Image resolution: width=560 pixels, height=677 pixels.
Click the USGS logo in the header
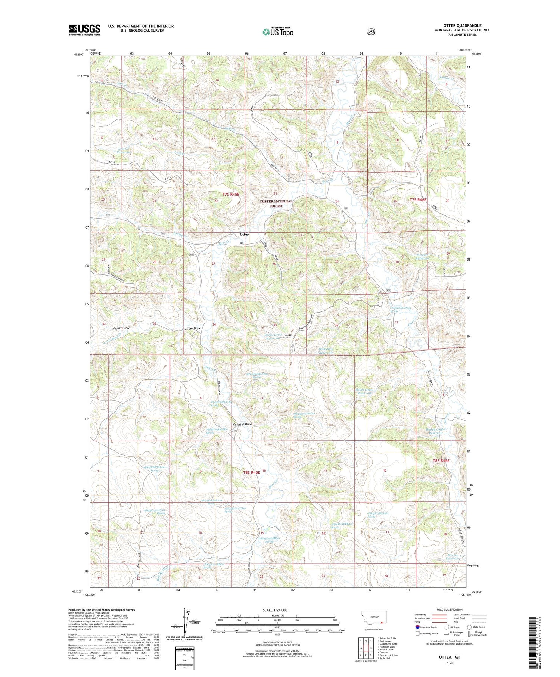(x=84, y=30)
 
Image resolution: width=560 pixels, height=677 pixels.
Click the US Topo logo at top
(x=277, y=31)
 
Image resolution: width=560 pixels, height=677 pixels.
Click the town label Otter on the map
(x=244, y=235)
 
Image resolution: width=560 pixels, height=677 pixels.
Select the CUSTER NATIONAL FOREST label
(x=276, y=204)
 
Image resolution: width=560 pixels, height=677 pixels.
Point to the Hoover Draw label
(x=120, y=328)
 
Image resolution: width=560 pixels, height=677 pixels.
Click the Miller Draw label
(x=193, y=328)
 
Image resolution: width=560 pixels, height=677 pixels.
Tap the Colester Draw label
(x=242, y=425)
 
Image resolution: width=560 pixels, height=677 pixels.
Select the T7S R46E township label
(x=418, y=200)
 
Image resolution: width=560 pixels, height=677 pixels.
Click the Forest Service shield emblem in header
(x=371, y=32)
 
